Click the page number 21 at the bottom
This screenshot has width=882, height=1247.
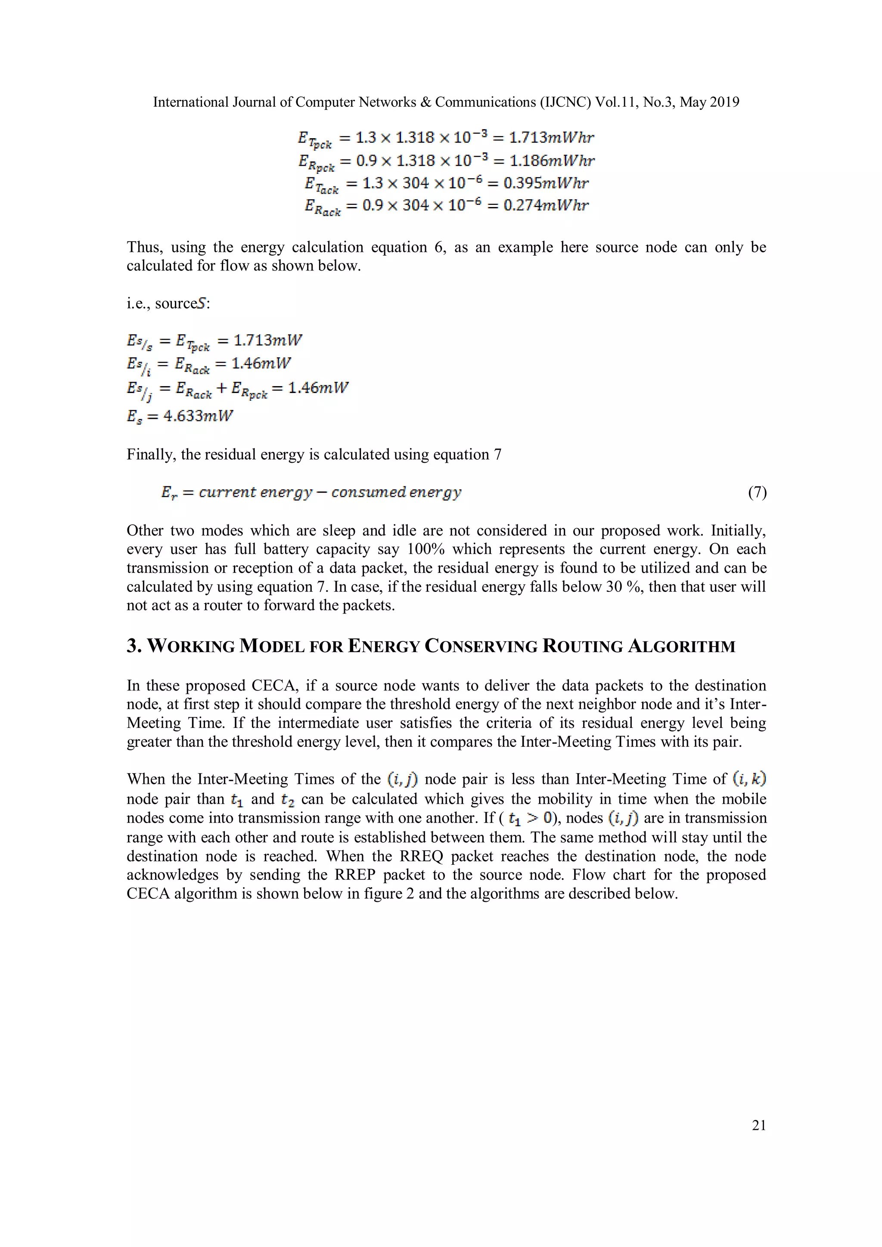click(759, 1125)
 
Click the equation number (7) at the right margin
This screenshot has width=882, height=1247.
click(757, 492)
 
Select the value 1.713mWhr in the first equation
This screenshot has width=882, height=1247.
click(551, 137)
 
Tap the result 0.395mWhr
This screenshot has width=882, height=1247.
click(546, 183)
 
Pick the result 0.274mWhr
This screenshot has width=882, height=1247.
click(546, 205)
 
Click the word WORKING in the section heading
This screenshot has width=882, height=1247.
click(191, 646)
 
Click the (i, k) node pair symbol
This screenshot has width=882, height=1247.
click(749, 780)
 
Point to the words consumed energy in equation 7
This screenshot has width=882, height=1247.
click(396, 492)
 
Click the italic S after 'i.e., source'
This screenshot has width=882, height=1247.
click(202, 303)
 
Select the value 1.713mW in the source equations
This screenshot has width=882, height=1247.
click(267, 340)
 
